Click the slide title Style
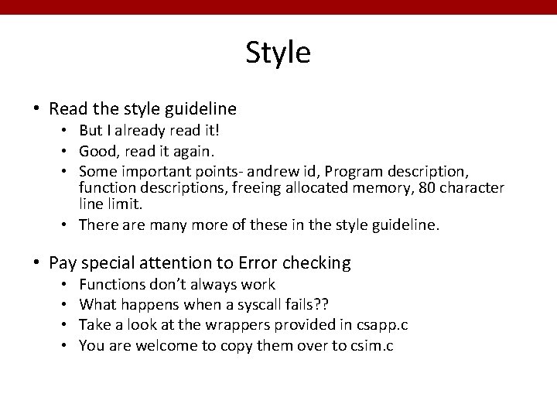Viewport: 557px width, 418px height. pyautogui.click(x=278, y=53)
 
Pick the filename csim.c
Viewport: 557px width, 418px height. pyautogui.click(x=370, y=346)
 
